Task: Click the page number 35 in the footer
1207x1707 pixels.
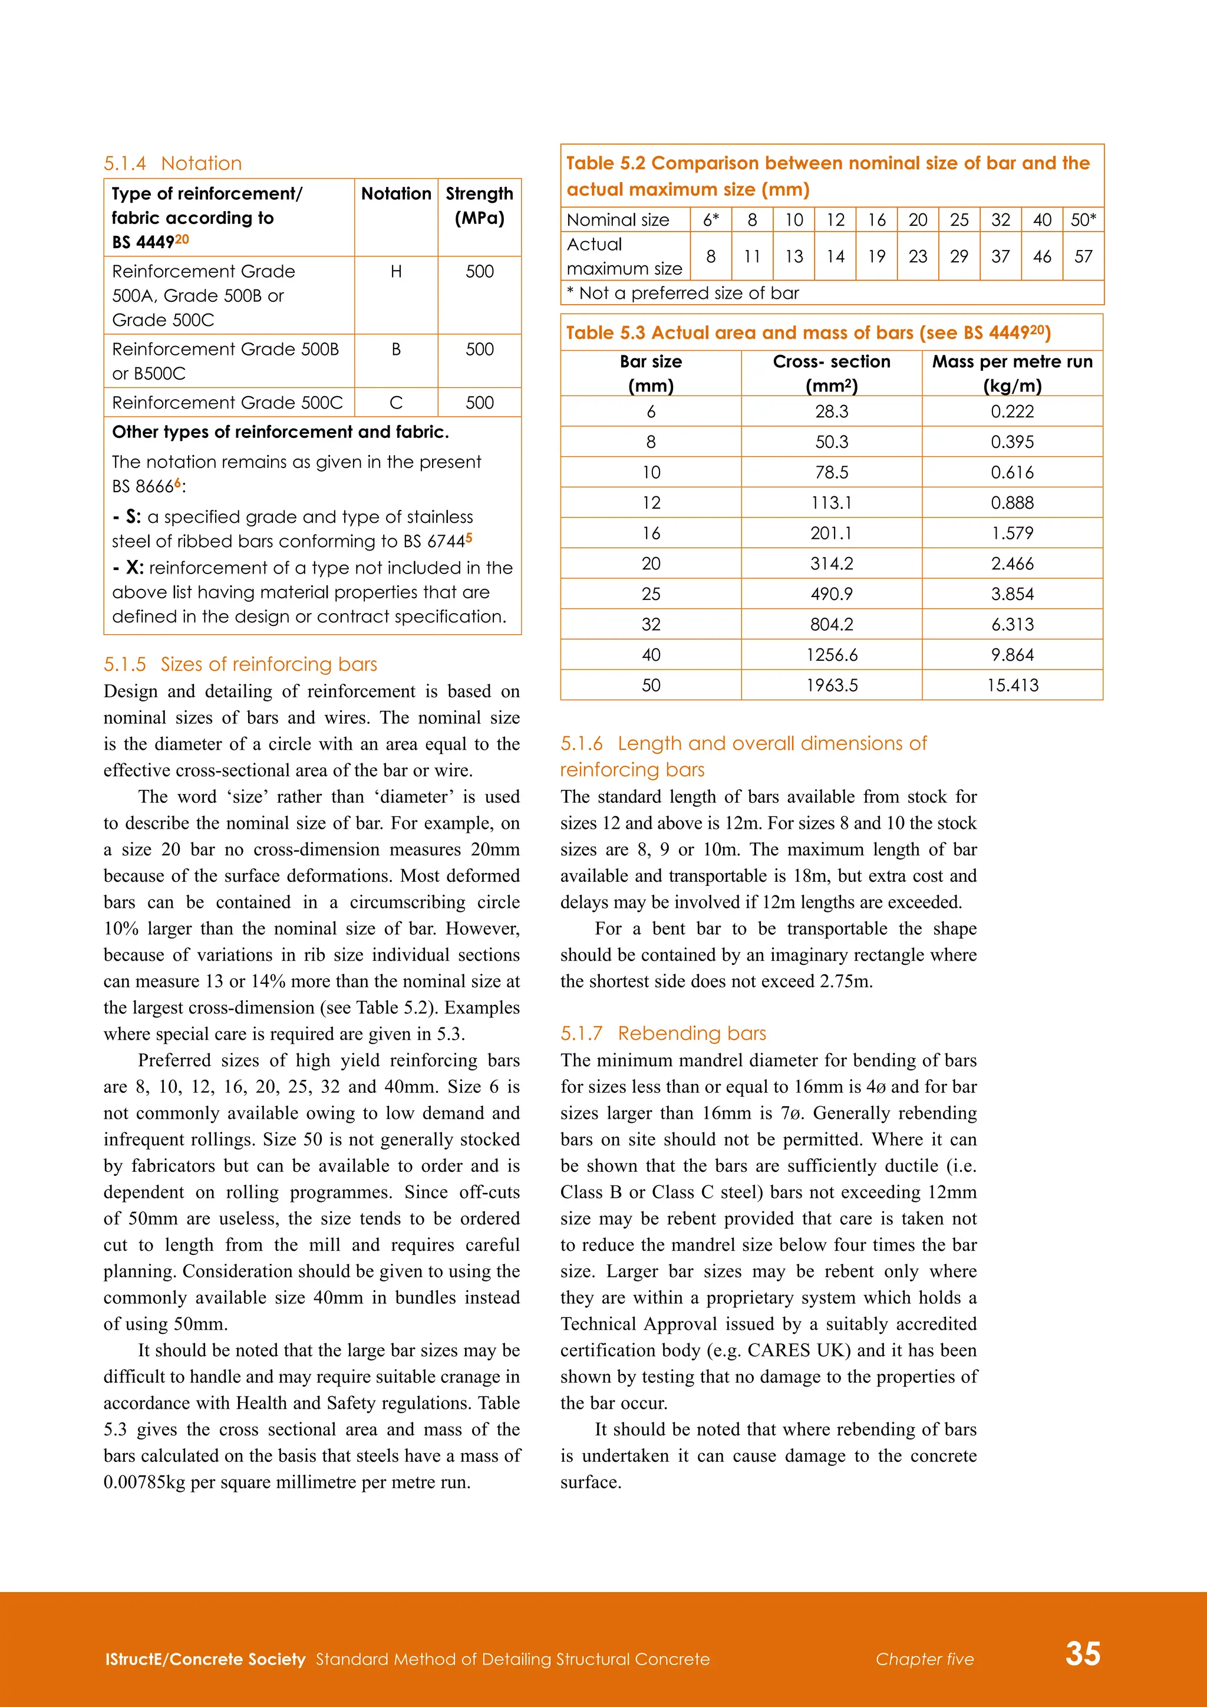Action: (x=1082, y=1653)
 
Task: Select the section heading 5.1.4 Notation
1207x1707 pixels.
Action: (x=173, y=163)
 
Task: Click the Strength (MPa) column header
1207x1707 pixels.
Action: (x=479, y=205)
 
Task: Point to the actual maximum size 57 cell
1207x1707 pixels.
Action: (x=1083, y=256)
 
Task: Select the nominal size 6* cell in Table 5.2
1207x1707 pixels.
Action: (x=711, y=220)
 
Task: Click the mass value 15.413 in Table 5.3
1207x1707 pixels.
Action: (x=1013, y=686)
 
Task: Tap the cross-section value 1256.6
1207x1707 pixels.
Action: (x=832, y=655)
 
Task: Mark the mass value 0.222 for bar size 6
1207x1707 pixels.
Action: (x=1013, y=412)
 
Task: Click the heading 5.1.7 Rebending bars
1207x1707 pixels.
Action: (x=663, y=1033)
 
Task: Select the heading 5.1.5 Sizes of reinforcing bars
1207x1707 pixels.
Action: (x=240, y=664)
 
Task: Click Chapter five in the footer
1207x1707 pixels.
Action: (x=924, y=1659)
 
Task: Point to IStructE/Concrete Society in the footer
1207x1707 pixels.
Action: (x=205, y=1659)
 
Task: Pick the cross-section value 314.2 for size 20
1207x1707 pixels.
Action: (x=832, y=563)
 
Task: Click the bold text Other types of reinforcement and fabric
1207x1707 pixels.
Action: (x=280, y=432)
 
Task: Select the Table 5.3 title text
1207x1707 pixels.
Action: (x=808, y=332)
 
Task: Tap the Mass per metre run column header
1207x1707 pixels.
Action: (x=1013, y=373)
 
